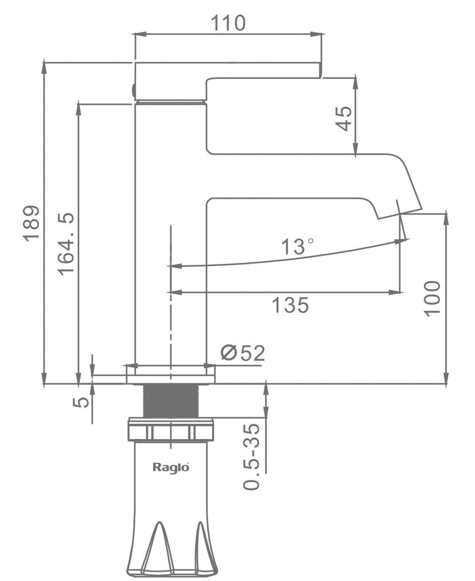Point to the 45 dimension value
[x=344, y=118]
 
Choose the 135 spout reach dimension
[x=290, y=305]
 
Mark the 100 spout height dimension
[x=432, y=299]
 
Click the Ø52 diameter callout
[x=243, y=354]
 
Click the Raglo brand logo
[x=171, y=467]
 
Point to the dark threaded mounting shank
[x=170, y=401]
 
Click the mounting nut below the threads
[x=170, y=430]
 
